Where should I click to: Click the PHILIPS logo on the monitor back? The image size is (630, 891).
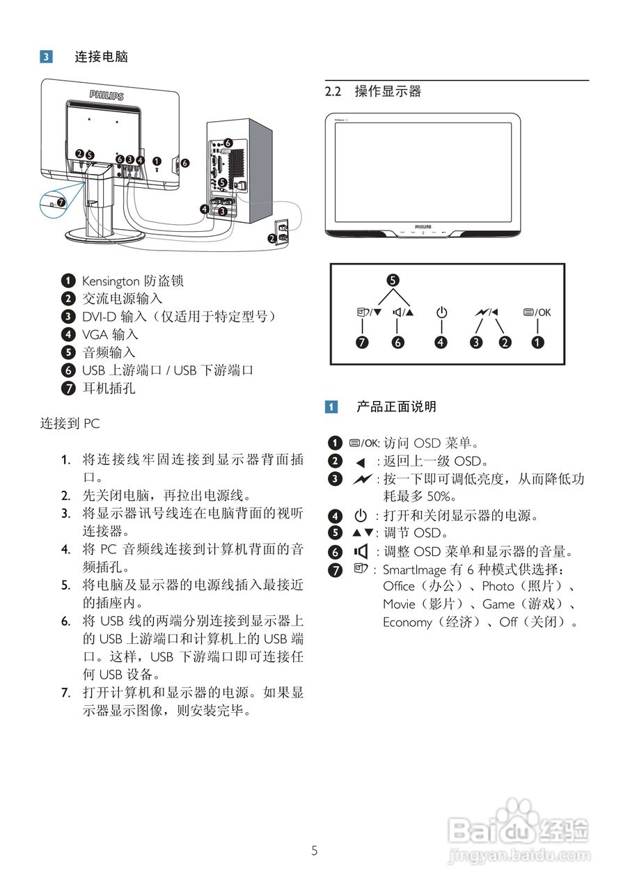pyautogui.click(x=106, y=94)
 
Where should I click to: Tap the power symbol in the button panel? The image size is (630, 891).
pyautogui.click(x=441, y=313)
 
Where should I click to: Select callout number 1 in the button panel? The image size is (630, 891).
pyautogui.click(x=537, y=342)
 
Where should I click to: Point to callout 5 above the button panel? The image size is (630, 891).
pyautogui.click(x=393, y=280)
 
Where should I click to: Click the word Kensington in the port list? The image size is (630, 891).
pyautogui.click(x=111, y=281)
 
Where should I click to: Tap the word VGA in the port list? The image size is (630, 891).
pyautogui.click(x=93, y=335)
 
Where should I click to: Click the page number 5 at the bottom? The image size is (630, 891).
pyautogui.click(x=315, y=850)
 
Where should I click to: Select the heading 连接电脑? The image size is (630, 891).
pyautogui.click(x=102, y=57)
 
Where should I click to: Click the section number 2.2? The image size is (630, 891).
pyautogui.click(x=335, y=91)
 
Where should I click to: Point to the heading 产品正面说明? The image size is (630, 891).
pyautogui.click(x=396, y=407)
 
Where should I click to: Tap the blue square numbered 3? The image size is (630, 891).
pyautogui.click(x=46, y=57)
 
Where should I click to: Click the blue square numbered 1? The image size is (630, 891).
pyautogui.click(x=333, y=407)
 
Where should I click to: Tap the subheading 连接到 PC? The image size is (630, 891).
pyautogui.click(x=70, y=423)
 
